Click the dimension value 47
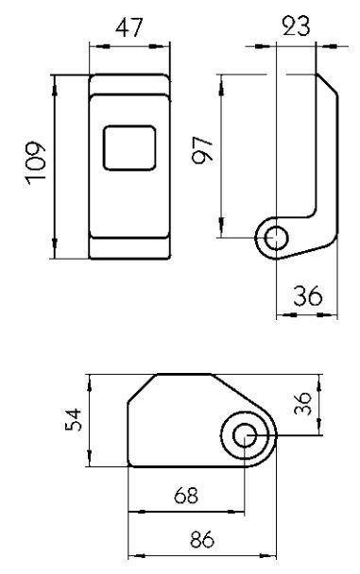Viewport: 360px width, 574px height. pyautogui.click(x=129, y=28)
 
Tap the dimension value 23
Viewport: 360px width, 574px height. pyautogui.click(x=296, y=26)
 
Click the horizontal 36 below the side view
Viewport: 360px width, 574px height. pyautogui.click(x=308, y=295)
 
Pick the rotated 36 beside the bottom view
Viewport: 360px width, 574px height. pyautogui.click(x=303, y=403)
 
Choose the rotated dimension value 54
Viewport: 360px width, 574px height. pyautogui.click(x=73, y=419)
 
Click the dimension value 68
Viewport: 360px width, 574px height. pyautogui.click(x=186, y=496)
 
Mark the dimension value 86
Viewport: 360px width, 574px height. pyautogui.click(x=202, y=539)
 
